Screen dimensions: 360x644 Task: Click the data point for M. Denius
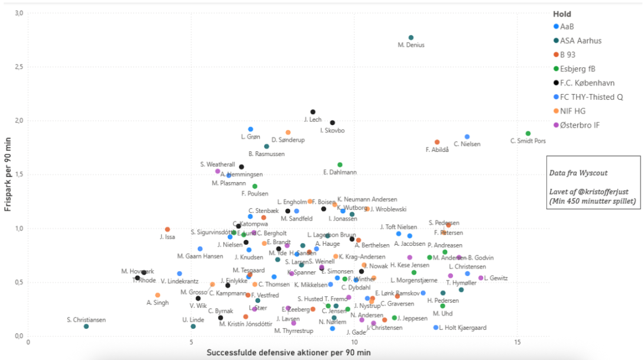(411, 38)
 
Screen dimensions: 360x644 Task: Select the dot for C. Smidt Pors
(528, 134)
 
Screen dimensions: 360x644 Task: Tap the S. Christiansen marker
(86, 326)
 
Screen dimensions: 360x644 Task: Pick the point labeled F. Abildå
(437, 142)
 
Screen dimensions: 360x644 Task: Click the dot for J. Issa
(167, 229)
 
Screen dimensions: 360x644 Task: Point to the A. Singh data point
(158, 295)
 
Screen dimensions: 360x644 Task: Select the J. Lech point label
(313, 120)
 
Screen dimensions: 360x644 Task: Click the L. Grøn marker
(251, 129)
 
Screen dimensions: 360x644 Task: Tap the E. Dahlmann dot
(340, 165)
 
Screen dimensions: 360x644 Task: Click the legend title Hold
(562, 14)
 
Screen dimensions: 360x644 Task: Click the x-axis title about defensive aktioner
(288, 353)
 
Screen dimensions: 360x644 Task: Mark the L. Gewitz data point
(481, 278)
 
